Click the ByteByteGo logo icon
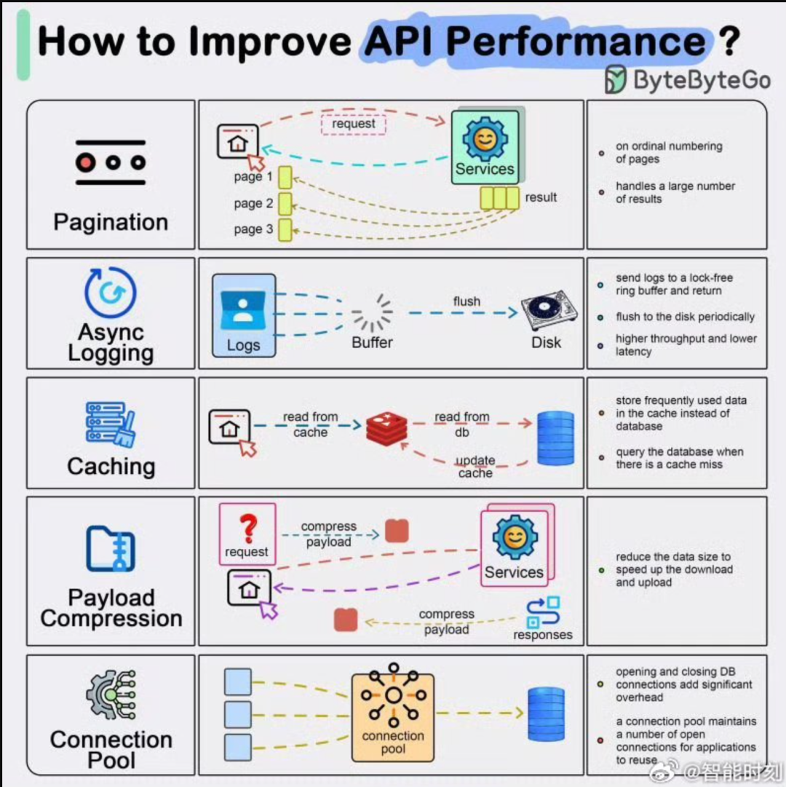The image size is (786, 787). [615, 79]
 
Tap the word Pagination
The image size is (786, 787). [111, 222]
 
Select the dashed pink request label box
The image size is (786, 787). [354, 124]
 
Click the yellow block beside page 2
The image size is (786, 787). [285, 204]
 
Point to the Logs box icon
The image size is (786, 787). [244, 315]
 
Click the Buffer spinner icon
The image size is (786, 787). [372, 313]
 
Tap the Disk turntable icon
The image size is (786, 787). [549, 309]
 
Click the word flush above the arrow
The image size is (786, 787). [467, 301]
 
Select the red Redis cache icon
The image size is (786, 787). [386, 429]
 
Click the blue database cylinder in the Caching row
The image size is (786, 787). [555, 438]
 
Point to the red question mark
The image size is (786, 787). [248, 529]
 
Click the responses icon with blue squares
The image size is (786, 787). [543, 612]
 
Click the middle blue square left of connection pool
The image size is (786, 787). [238, 714]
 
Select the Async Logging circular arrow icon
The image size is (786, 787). [111, 292]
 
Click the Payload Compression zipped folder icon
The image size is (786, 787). [111, 549]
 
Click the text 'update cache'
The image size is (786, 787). [475, 467]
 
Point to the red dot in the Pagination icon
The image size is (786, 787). [86, 162]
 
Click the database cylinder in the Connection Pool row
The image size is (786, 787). [547, 713]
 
